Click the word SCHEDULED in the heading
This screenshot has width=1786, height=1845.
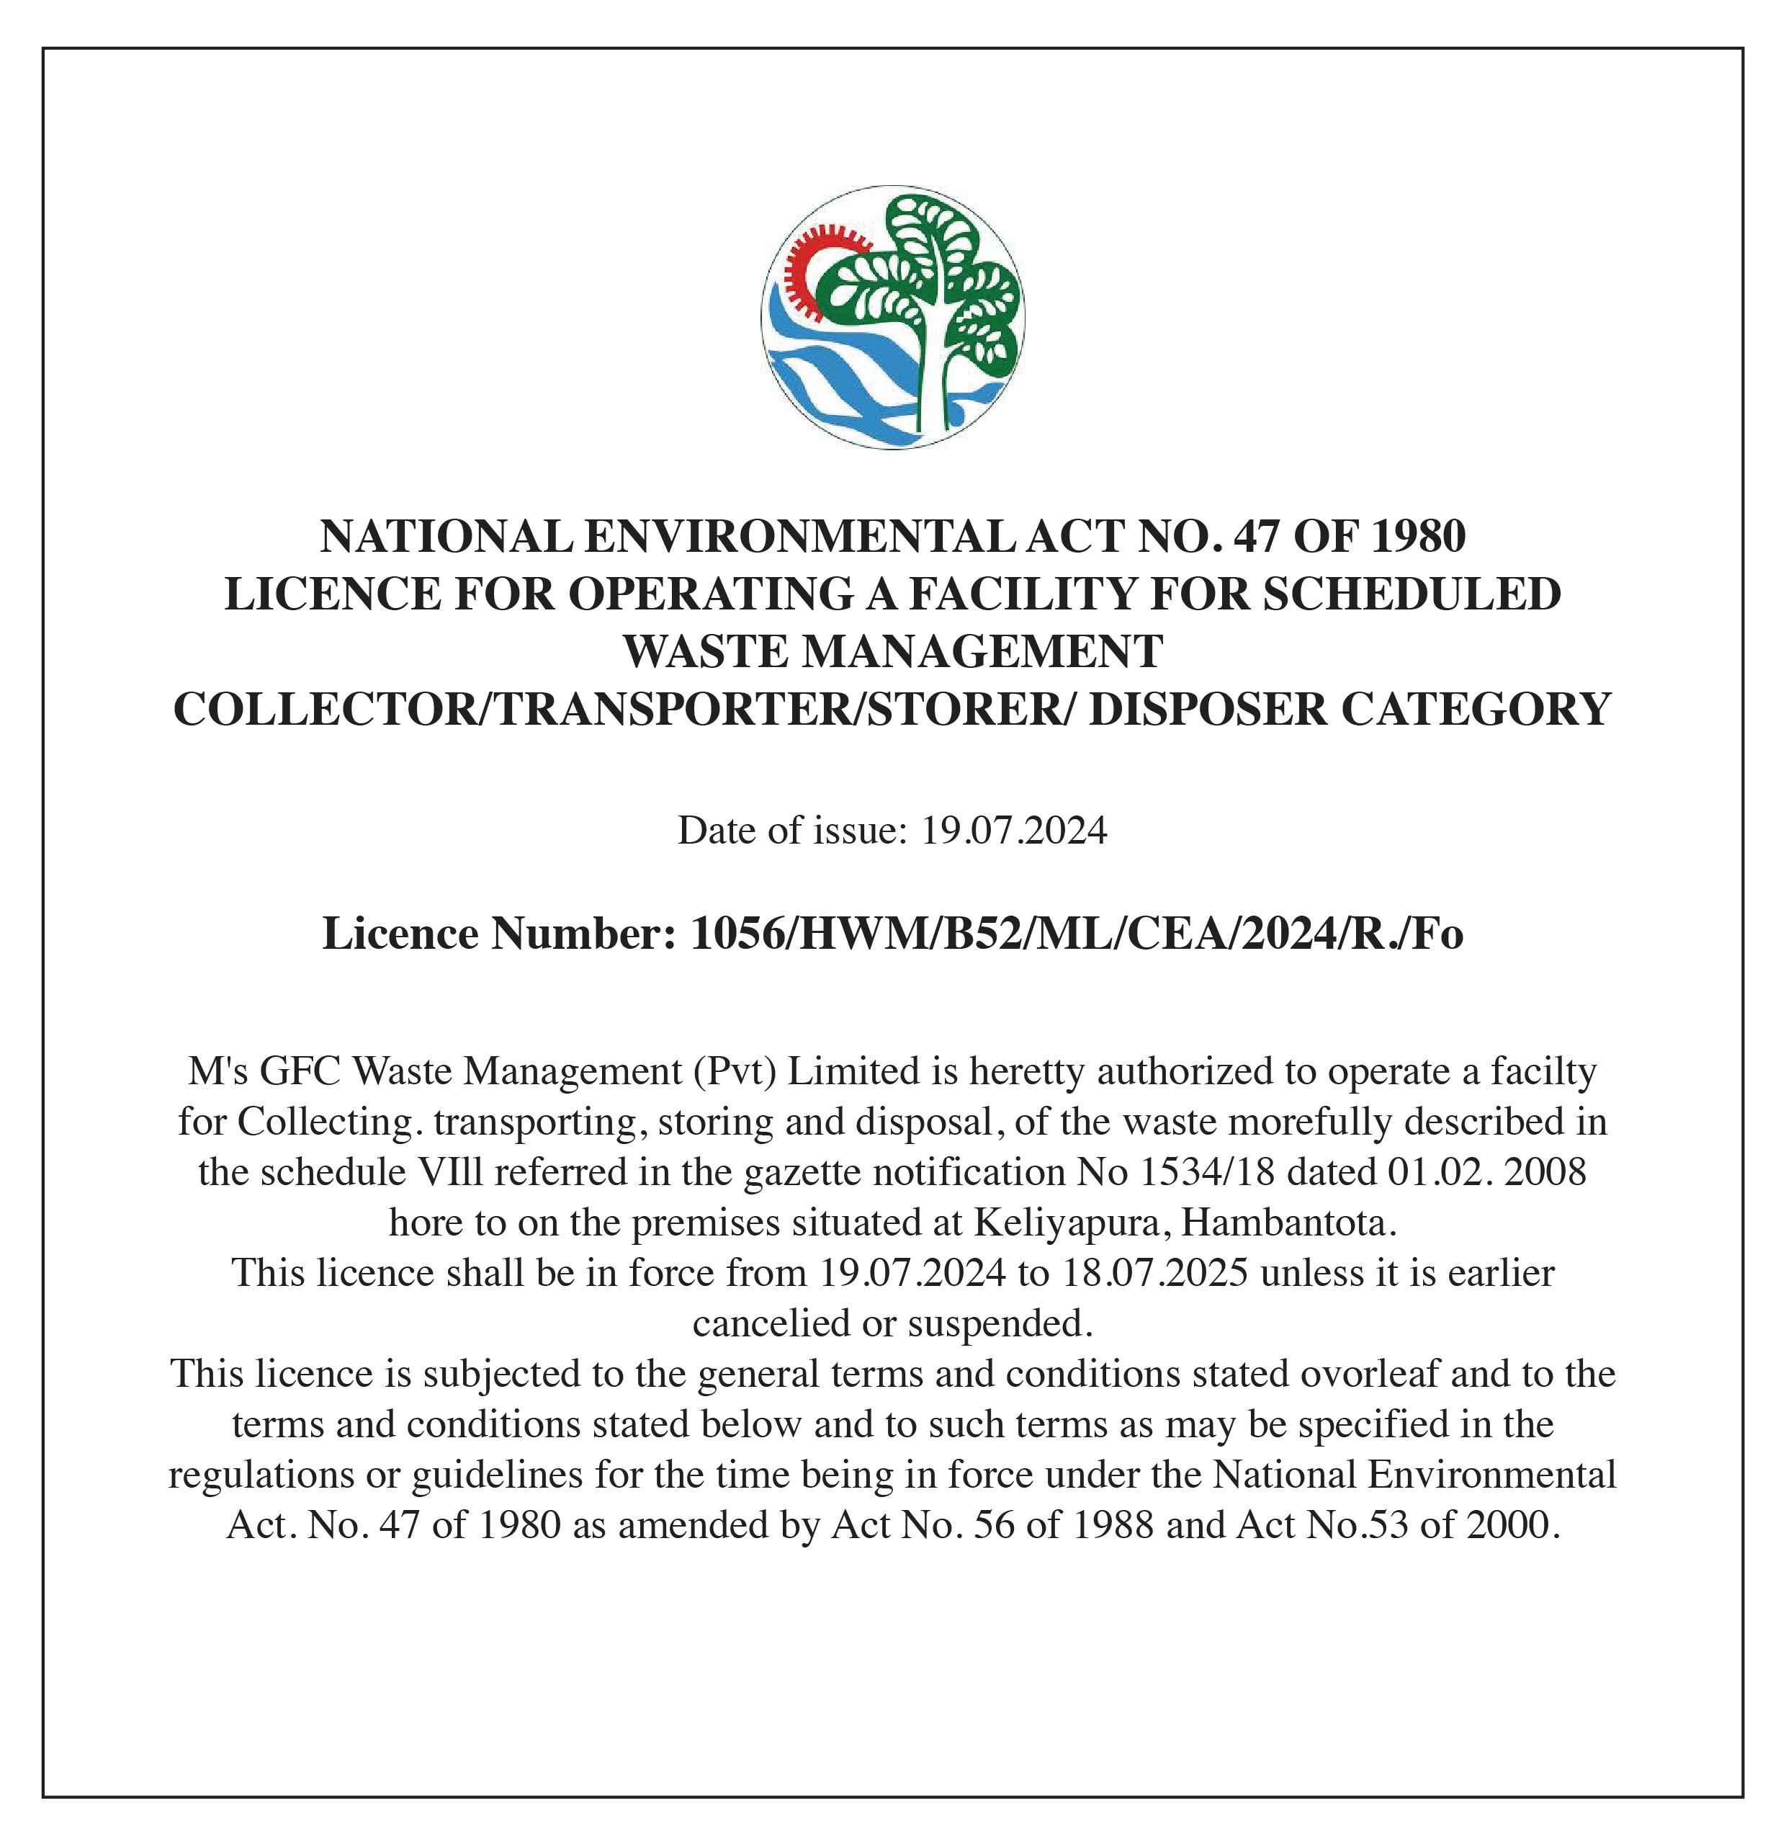[x=1412, y=594]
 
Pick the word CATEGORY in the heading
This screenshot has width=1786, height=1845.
[x=1476, y=709]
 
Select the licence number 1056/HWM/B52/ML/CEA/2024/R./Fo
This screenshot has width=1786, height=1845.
[x=1077, y=934]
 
